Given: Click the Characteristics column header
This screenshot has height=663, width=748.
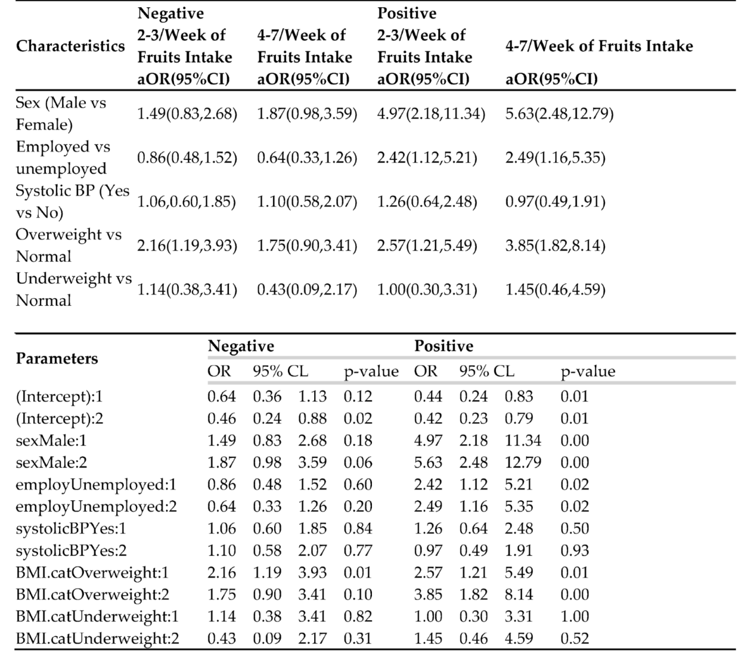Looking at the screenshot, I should click(x=70, y=46).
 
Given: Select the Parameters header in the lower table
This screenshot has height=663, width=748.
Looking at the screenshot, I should click(x=57, y=358).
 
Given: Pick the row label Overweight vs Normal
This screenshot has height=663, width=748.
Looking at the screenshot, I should click(x=69, y=245).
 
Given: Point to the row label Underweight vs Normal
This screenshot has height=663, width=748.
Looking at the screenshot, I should click(x=73, y=289).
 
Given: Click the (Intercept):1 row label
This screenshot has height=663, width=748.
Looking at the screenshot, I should click(x=59, y=396).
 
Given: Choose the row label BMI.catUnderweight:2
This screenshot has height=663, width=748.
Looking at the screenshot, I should click(x=97, y=639).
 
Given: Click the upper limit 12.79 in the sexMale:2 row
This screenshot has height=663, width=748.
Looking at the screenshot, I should click(x=523, y=462).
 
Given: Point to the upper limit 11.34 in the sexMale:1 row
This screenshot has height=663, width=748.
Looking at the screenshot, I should click(x=523, y=440).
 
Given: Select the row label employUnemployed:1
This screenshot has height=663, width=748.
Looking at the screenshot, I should click(x=96, y=484).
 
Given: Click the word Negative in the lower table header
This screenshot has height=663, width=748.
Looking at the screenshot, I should click(x=241, y=346).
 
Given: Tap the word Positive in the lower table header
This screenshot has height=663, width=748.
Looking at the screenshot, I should click(x=444, y=346).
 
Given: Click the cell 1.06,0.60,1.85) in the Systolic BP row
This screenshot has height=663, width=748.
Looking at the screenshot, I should click(x=187, y=202).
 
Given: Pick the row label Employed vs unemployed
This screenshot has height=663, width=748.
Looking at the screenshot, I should click(x=63, y=157).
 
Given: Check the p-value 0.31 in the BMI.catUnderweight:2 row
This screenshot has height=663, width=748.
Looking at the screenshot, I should click(x=358, y=639).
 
